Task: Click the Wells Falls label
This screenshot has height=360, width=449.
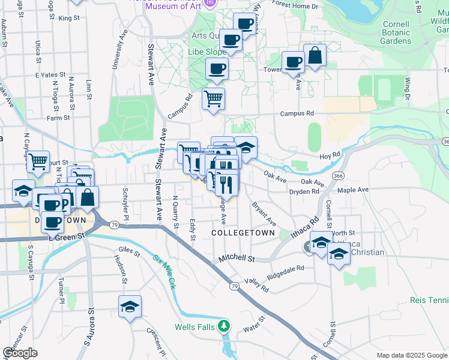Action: [x=191, y=327]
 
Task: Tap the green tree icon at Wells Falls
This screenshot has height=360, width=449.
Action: [x=224, y=326]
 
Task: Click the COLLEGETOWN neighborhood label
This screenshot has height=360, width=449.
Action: [x=243, y=233]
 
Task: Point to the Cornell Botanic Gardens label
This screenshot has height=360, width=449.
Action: [x=396, y=33]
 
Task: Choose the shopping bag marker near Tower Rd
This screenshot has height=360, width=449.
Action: [x=315, y=56]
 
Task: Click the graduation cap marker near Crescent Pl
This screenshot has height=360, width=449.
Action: [x=130, y=307]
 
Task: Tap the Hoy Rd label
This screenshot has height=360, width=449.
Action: [x=346, y=154]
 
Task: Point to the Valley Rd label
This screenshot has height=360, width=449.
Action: [x=256, y=285]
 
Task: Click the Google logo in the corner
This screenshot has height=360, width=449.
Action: [x=20, y=352]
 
